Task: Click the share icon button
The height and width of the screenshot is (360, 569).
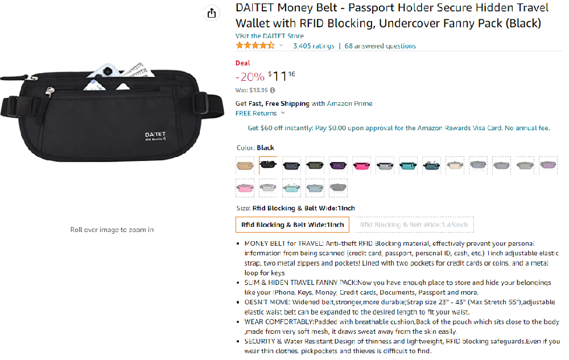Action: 212,14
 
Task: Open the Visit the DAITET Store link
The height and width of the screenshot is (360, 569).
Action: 269,36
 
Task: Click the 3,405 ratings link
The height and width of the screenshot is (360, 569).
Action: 314,46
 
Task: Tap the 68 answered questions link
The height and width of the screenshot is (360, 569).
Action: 380,46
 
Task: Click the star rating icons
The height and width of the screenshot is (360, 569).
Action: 255,45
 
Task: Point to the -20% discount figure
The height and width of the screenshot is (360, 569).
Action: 250,77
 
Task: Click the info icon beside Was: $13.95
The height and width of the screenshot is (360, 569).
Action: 272,90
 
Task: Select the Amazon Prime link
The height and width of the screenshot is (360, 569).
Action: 349,104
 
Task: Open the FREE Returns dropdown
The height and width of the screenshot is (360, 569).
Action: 260,114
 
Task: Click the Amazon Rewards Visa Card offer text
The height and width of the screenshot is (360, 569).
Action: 398,128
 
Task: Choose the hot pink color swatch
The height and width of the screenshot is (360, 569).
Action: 361,165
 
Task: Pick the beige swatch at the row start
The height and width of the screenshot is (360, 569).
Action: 245,165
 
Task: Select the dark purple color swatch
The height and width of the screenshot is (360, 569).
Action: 338,165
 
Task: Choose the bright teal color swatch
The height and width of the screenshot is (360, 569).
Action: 408,165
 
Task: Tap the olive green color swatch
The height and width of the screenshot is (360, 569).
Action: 315,165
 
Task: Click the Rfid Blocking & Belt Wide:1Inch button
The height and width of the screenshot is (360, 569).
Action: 292,225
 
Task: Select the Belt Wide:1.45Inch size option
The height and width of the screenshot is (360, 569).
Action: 414,225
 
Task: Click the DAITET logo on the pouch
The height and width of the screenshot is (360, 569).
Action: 155,136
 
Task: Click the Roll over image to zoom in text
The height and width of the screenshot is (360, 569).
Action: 112,230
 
